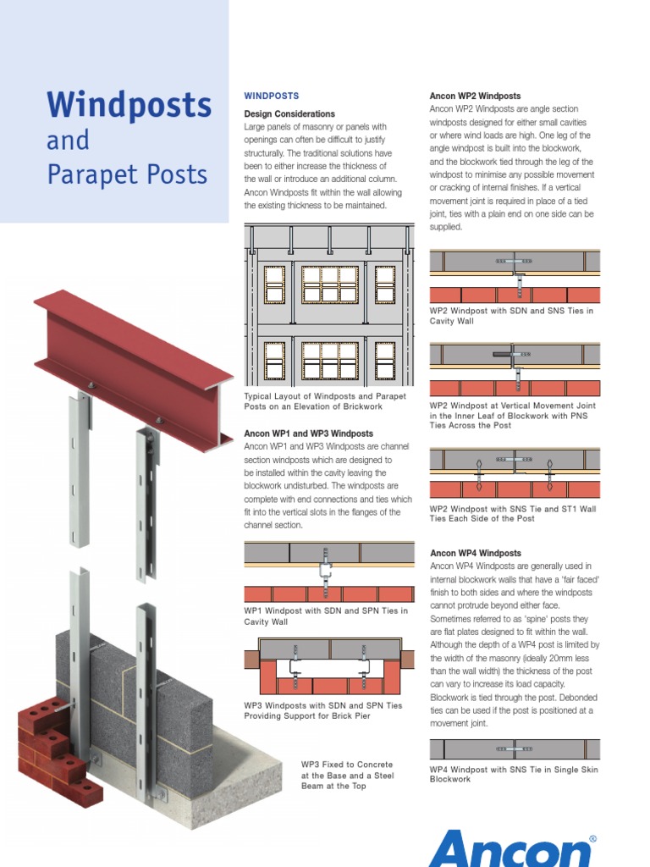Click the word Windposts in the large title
click(129, 105)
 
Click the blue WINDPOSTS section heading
click(271, 97)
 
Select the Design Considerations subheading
click(289, 113)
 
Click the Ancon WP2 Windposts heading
click(475, 97)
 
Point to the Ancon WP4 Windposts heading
click(475, 553)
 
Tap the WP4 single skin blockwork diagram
click(515, 749)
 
